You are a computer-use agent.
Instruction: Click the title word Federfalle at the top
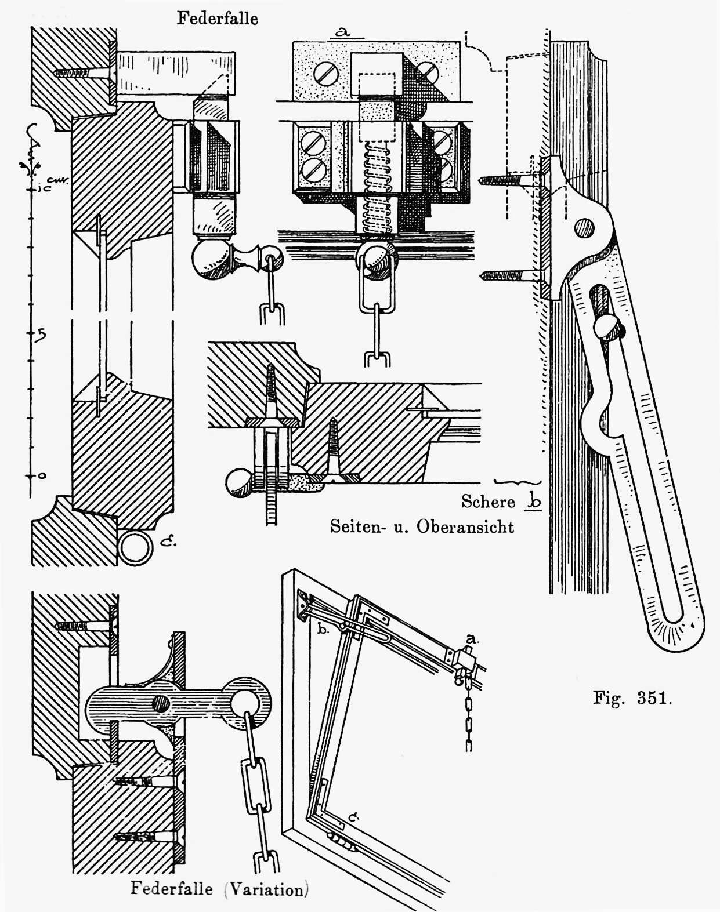(x=217, y=19)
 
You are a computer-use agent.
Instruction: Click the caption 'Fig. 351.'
(x=632, y=697)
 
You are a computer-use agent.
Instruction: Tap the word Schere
(x=488, y=502)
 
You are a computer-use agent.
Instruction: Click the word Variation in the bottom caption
(x=266, y=889)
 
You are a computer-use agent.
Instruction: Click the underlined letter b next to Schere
(x=534, y=501)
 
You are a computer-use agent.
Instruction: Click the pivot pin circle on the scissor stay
(x=584, y=228)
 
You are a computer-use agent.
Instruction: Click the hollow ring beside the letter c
(x=135, y=547)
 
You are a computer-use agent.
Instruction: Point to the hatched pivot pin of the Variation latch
(x=161, y=704)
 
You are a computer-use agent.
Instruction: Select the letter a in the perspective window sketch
(x=472, y=639)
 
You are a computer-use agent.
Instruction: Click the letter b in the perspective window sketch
(x=323, y=629)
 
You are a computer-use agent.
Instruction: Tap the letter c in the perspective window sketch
(x=352, y=817)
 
